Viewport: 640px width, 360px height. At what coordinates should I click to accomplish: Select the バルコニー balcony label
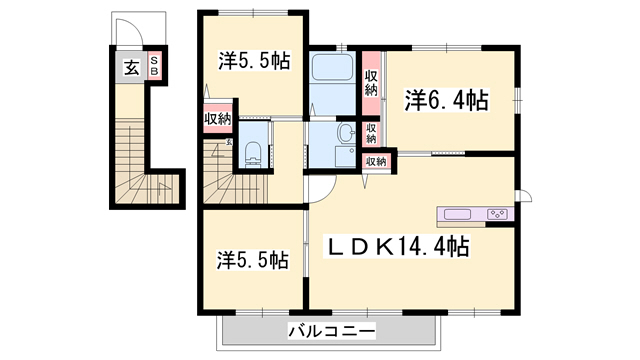click(x=331, y=330)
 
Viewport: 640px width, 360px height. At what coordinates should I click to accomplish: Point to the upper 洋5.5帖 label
click(x=255, y=61)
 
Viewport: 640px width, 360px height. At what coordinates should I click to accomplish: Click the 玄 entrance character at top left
click(x=131, y=68)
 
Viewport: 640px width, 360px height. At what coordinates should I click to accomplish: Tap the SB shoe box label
click(x=154, y=67)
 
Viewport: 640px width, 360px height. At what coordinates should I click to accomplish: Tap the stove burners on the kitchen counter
click(x=497, y=213)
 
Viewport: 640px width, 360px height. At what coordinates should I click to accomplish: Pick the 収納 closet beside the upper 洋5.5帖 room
click(x=217, y=120)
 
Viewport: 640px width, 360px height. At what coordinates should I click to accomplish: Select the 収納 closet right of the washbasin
click(x=371, y=132)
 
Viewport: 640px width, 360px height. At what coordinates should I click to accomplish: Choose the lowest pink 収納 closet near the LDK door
click(x=376, y=160)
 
